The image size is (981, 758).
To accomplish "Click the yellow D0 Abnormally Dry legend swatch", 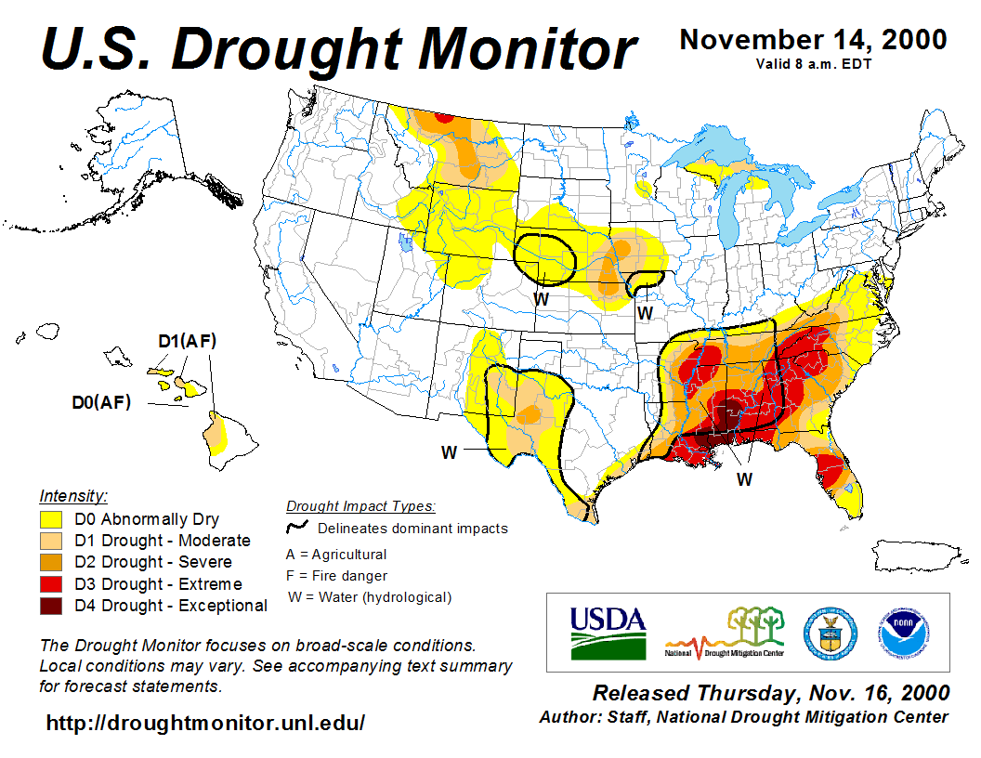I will tap(51, 519).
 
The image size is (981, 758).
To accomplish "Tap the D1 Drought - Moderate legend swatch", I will tap(51, 541).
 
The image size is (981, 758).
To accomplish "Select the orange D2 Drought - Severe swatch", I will tap(51, 562).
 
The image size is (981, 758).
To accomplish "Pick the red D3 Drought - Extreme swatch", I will tap(51, 584).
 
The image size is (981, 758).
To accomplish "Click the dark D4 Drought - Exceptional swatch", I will tap(51, 606).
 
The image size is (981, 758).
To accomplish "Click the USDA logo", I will tap(608, 632).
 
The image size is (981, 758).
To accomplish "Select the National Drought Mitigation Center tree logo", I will tap(726, 632).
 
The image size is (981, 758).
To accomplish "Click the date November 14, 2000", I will tap(813, 40).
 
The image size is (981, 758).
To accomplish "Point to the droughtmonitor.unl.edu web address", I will tap(205, 723).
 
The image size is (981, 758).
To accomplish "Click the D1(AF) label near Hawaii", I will tap(187, 342).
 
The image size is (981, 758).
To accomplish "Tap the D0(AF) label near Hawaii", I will tap(101, 403).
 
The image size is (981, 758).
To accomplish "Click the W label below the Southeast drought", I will tap(744, 479).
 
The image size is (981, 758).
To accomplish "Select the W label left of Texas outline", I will tap(450, 451).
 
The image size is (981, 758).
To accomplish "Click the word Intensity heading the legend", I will tap(73, 495).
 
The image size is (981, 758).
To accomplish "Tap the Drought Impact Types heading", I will tap(360, 506).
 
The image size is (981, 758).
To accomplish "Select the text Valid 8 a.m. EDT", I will tap(813, 63).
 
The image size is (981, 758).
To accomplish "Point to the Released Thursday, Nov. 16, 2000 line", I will tap(771, 694).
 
